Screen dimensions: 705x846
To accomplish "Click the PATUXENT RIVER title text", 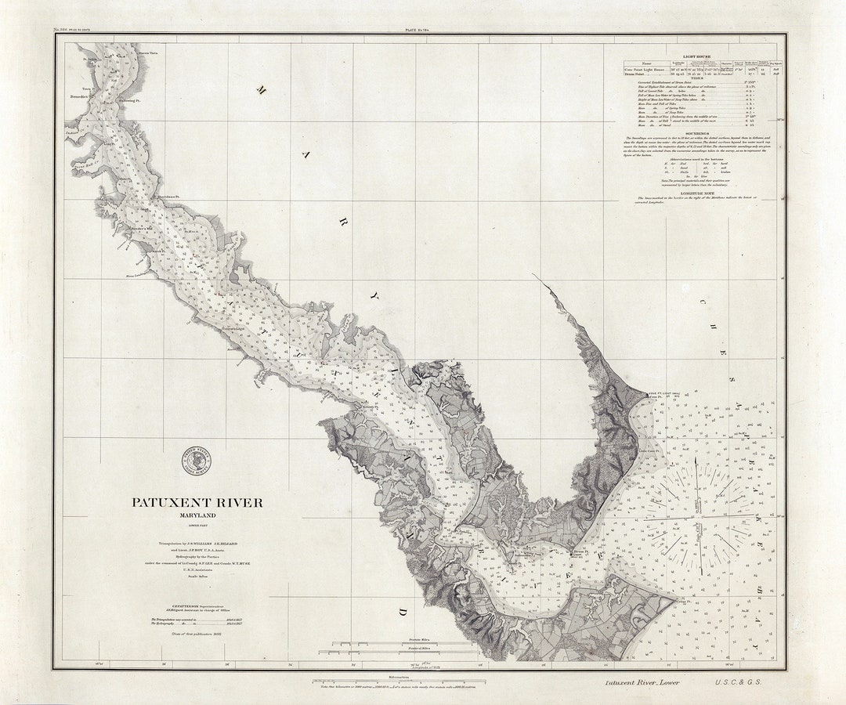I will pyautogui.click(x=197, y=503).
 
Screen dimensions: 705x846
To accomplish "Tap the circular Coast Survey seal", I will pyautogui.click(x=196, y=461).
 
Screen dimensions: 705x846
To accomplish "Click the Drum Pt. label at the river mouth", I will pyautogui.click(x=580, y=551).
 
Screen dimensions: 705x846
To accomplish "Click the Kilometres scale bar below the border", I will pyautogui.click(x=398, y=681).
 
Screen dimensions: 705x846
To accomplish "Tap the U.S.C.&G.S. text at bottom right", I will pyautogui.click(x=737, y=682).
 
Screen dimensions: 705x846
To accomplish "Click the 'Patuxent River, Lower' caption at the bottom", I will pyautogui.click(x=642, y=682).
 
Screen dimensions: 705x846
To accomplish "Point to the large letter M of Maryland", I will pyautogui.click(x=262, y=90).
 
